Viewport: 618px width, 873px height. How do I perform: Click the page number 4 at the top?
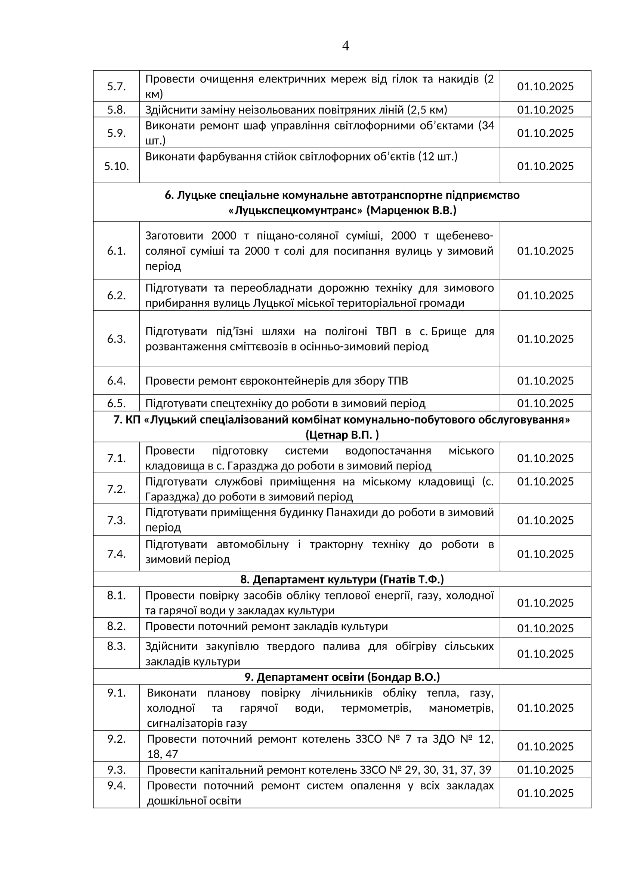point(346,46)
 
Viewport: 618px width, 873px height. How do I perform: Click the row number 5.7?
point(116,86)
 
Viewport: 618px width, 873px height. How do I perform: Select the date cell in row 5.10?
point(545,166)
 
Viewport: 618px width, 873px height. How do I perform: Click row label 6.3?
point(116,339)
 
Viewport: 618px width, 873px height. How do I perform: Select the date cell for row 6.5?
point(545,403)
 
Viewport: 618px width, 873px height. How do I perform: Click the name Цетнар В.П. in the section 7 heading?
point(342,434)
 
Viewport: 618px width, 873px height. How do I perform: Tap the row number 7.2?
point(116,489)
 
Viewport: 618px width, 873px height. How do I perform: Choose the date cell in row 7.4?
point(545,554)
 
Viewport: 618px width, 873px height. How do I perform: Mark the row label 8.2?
point(116,626)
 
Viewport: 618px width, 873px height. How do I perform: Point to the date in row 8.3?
point(545,654)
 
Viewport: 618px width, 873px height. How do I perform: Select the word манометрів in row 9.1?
point(461,708)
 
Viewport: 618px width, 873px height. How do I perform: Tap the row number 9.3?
point(116,770)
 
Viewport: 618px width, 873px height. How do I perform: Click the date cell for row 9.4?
point(545,793)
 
